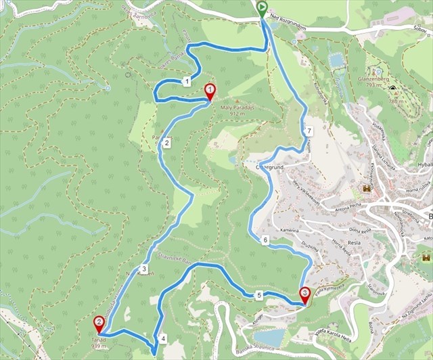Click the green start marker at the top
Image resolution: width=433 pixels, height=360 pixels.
tap(262, 9)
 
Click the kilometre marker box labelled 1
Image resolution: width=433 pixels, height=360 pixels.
tap(185, 82)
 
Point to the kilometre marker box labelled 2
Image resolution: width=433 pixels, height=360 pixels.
tap(166, 142)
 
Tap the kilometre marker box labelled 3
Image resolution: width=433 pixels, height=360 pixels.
tap(144, 269)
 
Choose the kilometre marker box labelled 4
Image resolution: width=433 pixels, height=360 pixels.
tap(163, 338)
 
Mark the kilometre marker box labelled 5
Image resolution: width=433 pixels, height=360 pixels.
tap(259, 295)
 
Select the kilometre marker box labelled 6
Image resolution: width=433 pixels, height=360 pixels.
tap(265, 240)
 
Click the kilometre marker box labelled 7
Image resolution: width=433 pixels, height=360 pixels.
tap(308, 130)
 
